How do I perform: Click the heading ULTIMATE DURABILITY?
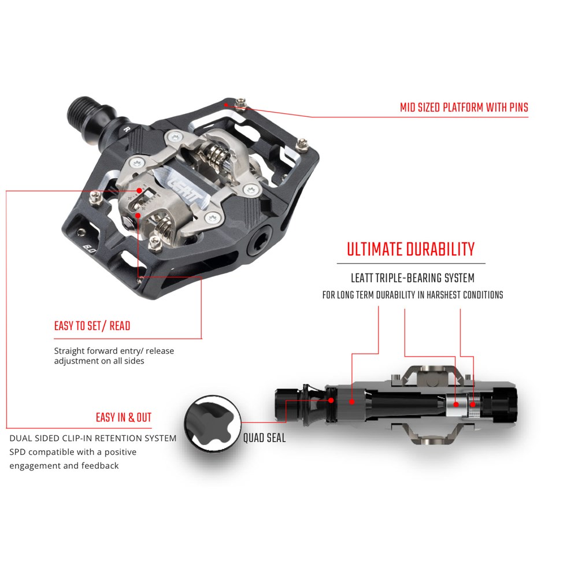(410, 250)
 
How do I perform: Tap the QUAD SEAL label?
(264, 438)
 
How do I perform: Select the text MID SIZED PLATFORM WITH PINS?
(464, 108)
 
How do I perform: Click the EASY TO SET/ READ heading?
(92, 326)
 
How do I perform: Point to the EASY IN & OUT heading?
(124, 417)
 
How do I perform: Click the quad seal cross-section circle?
(213, 423)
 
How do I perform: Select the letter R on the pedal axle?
(127, 129)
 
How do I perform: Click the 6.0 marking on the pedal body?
(89, 250)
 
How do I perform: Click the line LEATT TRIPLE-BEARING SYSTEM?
(413, 278)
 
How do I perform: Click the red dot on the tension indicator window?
(139, 191)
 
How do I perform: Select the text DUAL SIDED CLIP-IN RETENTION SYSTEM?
(93, 438)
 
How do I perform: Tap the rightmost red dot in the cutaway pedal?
(473, 405)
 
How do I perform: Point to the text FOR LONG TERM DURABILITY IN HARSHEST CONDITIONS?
(413, 295)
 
